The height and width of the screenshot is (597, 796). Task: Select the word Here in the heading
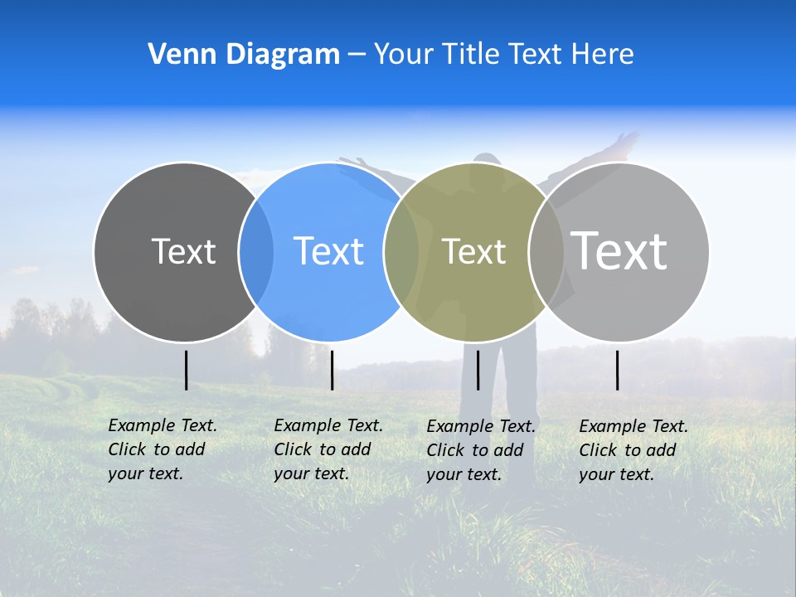coord(602,55)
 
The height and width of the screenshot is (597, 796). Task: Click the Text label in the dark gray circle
coord(183,251)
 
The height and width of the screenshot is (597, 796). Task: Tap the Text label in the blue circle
coord(328,251)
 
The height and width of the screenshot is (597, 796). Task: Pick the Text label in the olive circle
coord(473,251)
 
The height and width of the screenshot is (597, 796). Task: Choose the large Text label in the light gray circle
coord(619,250)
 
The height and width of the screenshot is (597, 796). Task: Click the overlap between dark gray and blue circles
coord(256,252)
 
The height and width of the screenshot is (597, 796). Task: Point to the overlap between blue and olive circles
coord(401,252)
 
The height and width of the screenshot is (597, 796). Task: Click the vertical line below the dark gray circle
coord(186,370)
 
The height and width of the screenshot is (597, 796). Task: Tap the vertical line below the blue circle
coord(332,370)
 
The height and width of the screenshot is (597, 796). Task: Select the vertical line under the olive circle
coord(478,370)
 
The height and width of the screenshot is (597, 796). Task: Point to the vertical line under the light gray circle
coord(617,370)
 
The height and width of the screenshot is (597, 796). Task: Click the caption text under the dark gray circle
coord(162,449)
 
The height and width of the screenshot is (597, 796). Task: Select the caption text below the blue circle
coord(328,449)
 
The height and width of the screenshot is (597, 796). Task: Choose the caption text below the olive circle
coord(480,450)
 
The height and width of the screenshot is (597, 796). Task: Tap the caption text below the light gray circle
coord(633,450)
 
